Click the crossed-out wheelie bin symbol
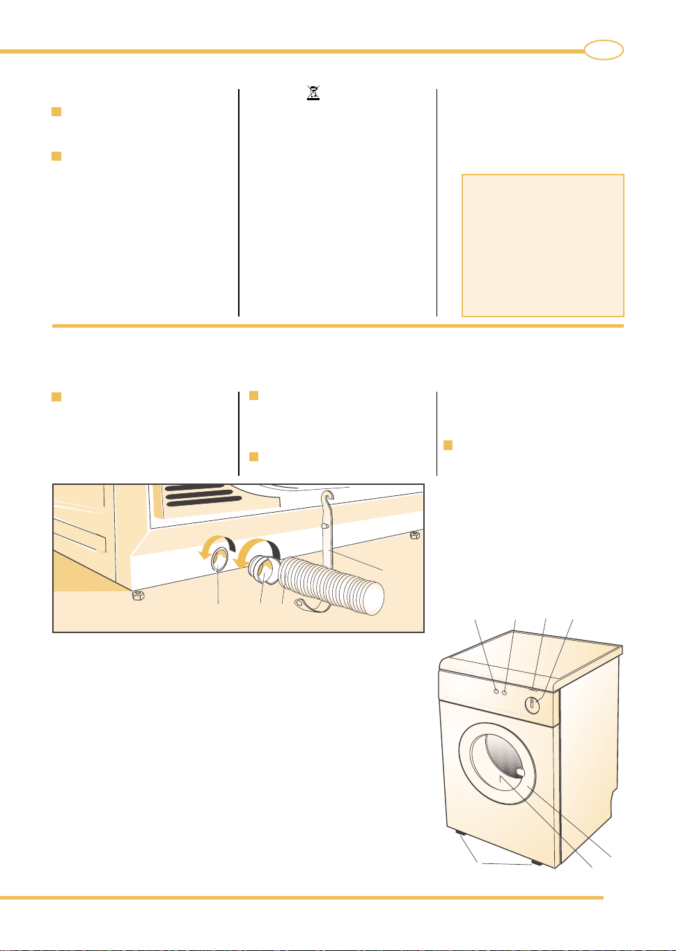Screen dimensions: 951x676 pyautogui.click(x=313, y=93)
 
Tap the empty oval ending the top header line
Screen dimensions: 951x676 pyautogui.click(x=603, y=50)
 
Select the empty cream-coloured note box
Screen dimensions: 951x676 pyautogui.click(x=542, y=245)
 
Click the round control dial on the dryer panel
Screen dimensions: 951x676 pyautogui.click(x=533, y=705)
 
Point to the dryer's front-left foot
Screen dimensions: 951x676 pyautogui.click(x=459, y=832)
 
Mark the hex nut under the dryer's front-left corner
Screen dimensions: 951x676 pyautogui.click(x=138, y=595)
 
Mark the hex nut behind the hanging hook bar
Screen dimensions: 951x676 pyautogui.click(x=414, y=535)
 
